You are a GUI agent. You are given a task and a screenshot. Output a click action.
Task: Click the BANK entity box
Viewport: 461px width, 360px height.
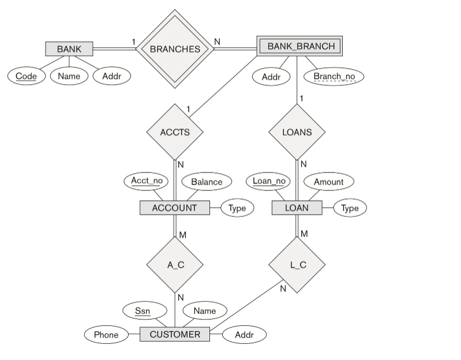coord(69,49)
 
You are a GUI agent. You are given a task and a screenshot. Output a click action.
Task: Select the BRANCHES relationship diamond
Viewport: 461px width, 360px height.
coord(175,49)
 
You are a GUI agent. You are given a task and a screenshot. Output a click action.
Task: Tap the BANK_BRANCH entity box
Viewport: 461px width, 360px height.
coord(300,46)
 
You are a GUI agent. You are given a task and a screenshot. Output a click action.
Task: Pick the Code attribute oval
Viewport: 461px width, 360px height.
coord(26,76)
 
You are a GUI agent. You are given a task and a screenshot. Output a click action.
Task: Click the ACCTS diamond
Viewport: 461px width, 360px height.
coord(174,132)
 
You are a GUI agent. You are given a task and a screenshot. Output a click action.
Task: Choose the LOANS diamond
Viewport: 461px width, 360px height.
coord(297,132)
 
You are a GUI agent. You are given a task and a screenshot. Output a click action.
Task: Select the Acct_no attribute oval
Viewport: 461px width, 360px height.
coord(146,181)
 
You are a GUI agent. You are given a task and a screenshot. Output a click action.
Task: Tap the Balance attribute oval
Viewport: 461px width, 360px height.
coord(207,182)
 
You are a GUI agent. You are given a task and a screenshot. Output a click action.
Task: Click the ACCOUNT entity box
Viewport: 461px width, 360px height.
coord(174,208)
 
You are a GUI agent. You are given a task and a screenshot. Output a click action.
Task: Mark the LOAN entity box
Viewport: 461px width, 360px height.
coord(297,208)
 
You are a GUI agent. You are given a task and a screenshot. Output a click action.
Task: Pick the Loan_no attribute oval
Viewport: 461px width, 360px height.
coord(269,181)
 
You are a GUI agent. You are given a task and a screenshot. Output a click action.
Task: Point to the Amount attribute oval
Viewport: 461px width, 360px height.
coord(328,182)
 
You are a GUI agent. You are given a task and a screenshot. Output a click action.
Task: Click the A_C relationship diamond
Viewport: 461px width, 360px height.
coord(175,265)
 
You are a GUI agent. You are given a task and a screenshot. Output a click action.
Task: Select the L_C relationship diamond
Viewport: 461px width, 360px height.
coord(297,265)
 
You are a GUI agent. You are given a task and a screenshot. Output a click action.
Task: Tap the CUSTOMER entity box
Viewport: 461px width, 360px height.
coord(175,334)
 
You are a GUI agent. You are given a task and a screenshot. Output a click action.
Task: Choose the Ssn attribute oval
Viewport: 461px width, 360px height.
coord(142,311)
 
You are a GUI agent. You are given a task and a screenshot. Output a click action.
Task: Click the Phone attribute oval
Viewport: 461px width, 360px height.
coord(106,335)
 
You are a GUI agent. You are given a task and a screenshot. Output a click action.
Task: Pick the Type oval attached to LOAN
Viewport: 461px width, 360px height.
coord(350,208)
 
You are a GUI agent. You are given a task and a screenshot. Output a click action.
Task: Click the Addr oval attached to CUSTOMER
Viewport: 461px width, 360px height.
coord(243,335)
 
